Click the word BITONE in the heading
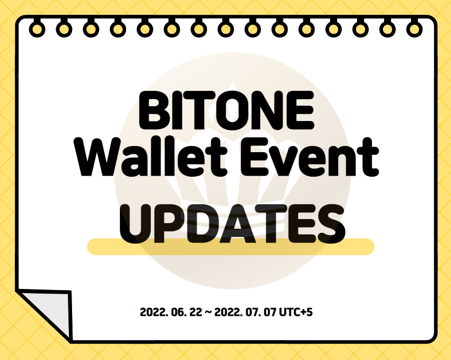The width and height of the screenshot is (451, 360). (x=227, y=110)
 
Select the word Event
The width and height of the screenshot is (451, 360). (x=310, y=157)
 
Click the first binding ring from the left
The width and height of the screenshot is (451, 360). (x=37, y=29)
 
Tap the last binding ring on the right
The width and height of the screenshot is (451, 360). (x=414, y=29)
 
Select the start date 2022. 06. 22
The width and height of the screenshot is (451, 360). (x=171, y=312)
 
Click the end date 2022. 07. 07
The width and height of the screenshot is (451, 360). (x=245, y=312)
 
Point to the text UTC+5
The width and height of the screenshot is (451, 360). (x=296, y=312)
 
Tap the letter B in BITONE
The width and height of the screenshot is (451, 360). (x=153, y=110)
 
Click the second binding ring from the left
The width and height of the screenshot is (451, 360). (x=64, y=29)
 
